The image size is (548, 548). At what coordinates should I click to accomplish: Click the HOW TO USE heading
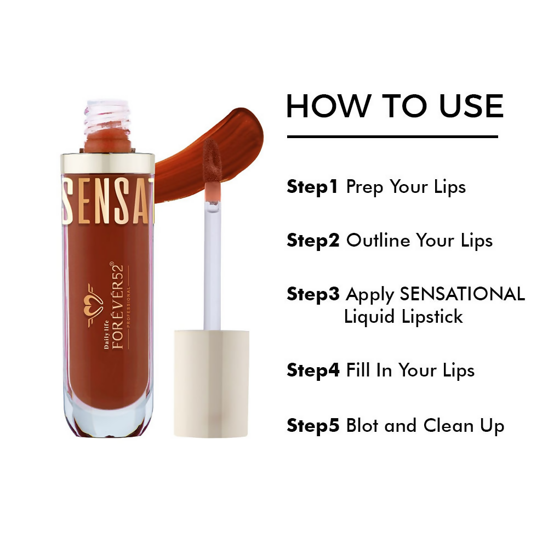[x=395, y=106]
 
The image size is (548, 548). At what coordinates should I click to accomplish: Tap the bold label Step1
[x=313, y=187]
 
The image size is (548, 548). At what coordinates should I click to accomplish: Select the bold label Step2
[x=313, y=241]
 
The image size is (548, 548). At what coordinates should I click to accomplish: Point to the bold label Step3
[x=313, y=294]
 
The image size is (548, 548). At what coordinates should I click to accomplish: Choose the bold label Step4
[x=313, y=370]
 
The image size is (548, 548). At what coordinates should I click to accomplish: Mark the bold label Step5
[x=313, y=426]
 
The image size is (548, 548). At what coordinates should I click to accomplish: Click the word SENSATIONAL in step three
[x=462, y=294]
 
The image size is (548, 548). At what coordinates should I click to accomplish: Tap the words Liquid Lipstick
[x=403, y=317]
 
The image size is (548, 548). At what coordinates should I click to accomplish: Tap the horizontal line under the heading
[x=392, y=136]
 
